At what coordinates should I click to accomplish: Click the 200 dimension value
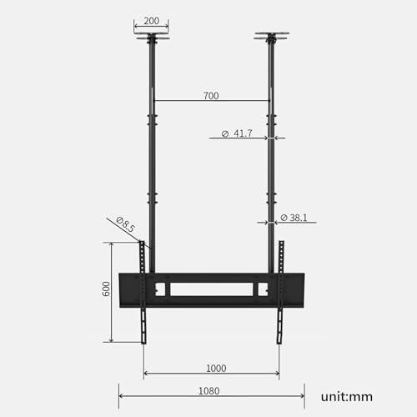151,20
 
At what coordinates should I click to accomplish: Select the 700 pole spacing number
210,96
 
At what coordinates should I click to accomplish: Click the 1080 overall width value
211,390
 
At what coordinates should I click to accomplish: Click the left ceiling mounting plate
151,37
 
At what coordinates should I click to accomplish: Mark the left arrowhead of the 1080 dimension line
121,396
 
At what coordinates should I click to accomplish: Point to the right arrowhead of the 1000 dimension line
277,374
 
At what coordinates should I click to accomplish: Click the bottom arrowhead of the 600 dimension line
112,339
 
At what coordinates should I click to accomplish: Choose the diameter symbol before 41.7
226,133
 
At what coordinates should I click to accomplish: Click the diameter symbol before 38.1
284,218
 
